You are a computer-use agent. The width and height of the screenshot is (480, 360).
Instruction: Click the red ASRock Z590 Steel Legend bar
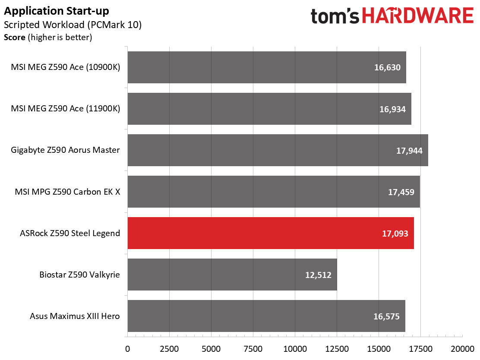point(271,233)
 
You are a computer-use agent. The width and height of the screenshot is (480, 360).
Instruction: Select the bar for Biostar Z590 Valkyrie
point(232,275)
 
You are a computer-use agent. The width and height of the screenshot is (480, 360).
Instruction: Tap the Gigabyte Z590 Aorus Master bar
point(278,150)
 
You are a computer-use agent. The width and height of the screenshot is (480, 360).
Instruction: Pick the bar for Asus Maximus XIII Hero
point(266,316)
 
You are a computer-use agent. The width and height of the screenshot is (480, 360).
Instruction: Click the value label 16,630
point(387,67)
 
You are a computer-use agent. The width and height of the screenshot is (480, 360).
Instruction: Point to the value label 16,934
point(392,109)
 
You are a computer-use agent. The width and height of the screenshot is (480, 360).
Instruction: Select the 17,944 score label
point(409,151)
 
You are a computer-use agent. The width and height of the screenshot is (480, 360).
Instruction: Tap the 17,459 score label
point(401,192)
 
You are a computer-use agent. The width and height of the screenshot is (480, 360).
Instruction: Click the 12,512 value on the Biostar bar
point(318,275)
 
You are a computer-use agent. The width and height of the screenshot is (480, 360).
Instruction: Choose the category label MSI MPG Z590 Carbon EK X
point(67,192)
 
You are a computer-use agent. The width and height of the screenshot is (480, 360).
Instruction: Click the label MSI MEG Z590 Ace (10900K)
point(66,67)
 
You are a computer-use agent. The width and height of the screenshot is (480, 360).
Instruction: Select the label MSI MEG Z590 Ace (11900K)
point(66,109)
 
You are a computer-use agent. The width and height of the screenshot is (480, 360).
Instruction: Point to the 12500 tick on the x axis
point(337,349)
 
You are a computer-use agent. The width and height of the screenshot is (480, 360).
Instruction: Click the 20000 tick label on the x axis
point(462,349)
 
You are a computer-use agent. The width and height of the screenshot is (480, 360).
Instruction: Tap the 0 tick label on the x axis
point(128,349)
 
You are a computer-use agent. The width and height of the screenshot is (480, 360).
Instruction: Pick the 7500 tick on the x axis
point(253,349)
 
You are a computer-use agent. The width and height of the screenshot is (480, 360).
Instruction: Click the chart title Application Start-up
point(56,11)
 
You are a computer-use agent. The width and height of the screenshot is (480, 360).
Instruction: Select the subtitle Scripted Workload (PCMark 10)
point(73,25)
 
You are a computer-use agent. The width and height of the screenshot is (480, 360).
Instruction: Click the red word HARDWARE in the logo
point(418,16)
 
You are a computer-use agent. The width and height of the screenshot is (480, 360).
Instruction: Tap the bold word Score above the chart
point(14,38)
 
